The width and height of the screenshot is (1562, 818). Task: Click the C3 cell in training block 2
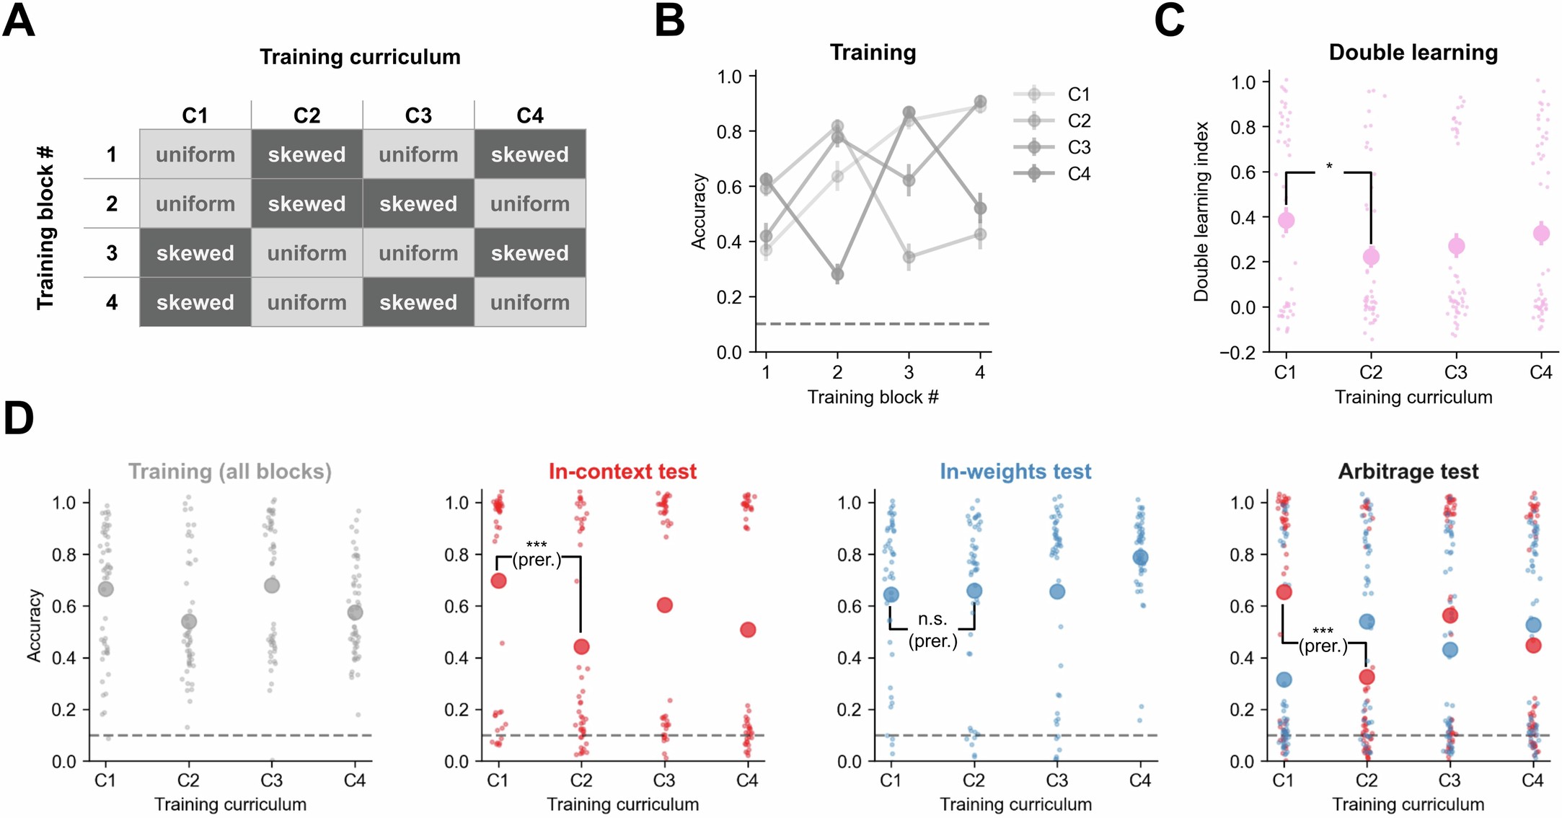click(418, 204)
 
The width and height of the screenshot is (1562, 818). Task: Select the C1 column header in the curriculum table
click(195, 115)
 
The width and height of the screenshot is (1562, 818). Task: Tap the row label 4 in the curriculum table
click(112, 302)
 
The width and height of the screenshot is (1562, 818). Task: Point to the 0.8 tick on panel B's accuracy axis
click(729, 132)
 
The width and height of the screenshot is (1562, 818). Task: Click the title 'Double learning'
click(1413, 53)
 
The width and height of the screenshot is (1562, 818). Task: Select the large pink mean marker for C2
click(1371, 256)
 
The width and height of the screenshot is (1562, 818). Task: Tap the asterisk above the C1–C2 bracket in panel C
click(1328, 167)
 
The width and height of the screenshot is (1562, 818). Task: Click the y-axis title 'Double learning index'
click(1201, 211)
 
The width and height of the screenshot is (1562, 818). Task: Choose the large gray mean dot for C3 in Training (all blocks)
click(272, 585)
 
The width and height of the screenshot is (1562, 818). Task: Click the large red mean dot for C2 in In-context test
click(581, 646)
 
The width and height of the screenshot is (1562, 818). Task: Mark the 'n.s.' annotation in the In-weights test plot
click(932, 619)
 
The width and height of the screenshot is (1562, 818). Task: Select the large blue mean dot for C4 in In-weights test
click(1140, 558)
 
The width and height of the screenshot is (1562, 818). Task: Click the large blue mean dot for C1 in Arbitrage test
click(1284, 680)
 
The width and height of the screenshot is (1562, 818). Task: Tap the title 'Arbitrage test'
click(1408, 472)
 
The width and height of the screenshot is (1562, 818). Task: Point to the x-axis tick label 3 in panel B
click(909, 372)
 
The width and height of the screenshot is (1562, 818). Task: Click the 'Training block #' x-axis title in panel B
click(873, 397)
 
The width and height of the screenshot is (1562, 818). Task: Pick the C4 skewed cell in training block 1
click(530, 154)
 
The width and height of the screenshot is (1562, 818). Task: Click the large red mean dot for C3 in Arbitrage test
click(1450, 615)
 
